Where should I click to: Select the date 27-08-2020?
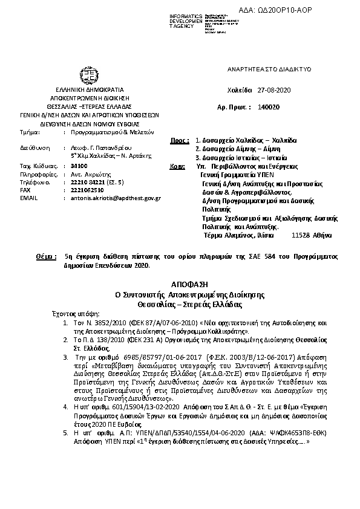pos(274,89)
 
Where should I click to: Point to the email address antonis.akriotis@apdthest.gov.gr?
pos(116,198)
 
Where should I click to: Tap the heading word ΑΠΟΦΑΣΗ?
pos(181,282)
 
